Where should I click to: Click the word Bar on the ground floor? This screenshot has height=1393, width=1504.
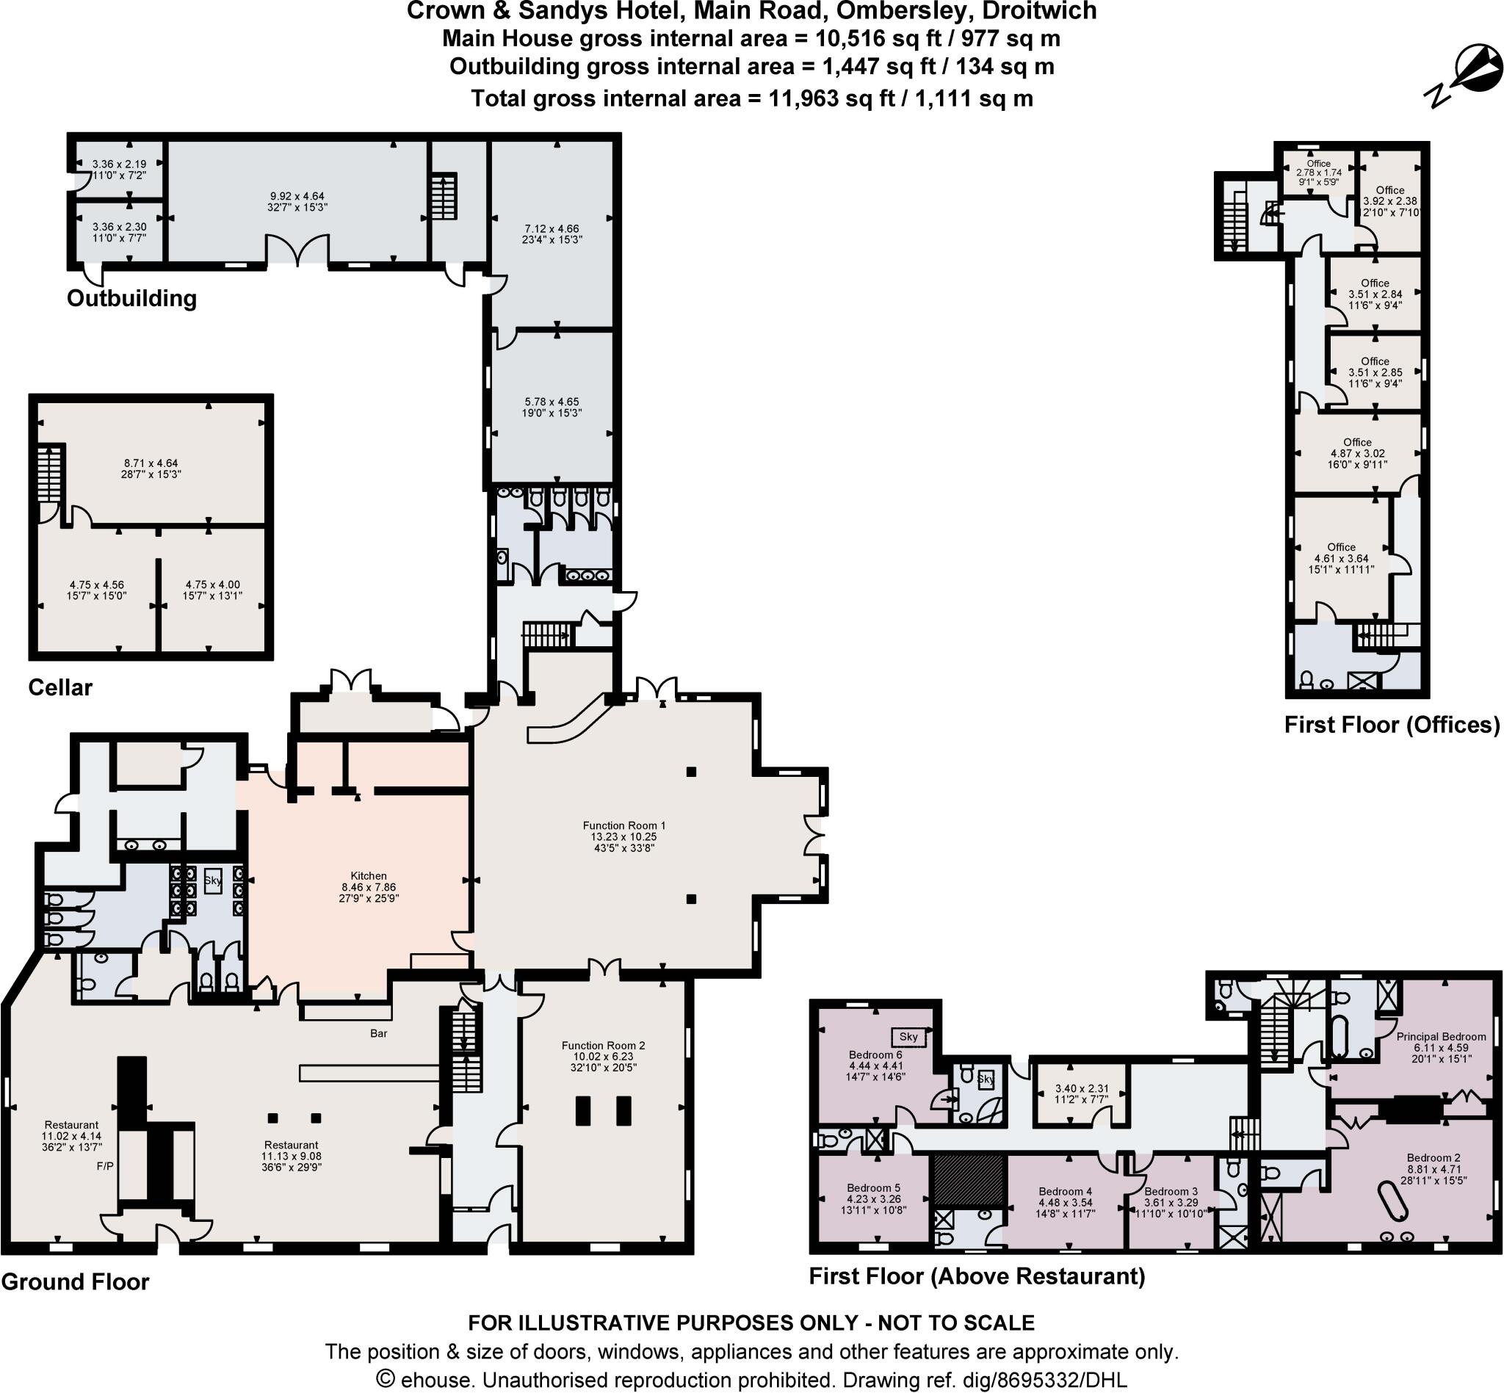click(x=378, y=1033)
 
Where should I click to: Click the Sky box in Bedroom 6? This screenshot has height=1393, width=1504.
click(x=908, y=1036)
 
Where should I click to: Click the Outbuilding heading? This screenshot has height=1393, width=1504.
click(x=132, y=298)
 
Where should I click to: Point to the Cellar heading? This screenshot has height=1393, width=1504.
click(x=60, y=687)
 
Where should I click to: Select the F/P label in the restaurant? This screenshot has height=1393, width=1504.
click(x=105, y=1166)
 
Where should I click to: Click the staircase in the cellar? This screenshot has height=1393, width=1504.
click(x=48, y=478)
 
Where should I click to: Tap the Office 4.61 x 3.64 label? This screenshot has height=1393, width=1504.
click(x=1341, y=558)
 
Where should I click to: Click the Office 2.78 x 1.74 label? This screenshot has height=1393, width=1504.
click(x=1318, y=173)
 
